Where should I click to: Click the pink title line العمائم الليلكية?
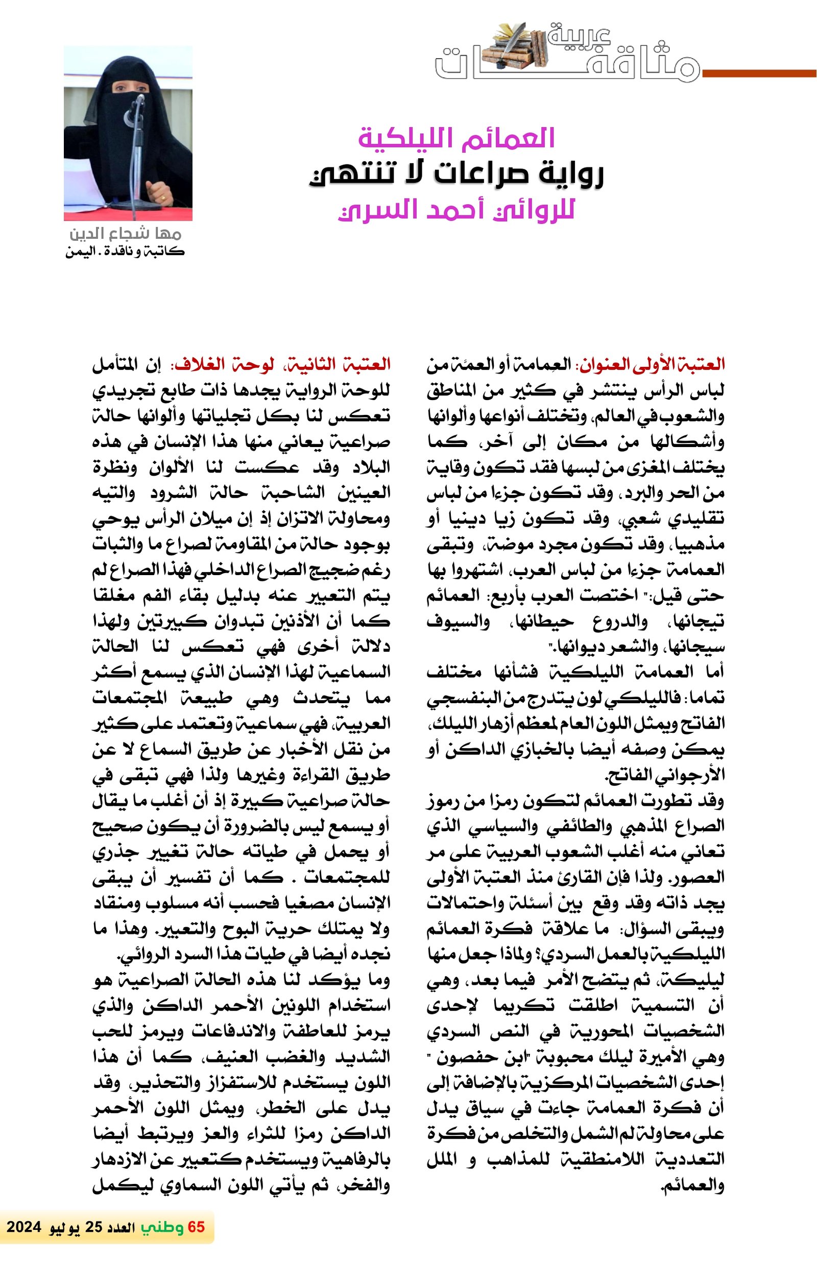click(456, 138)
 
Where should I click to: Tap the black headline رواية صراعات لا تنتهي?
click(456, 176)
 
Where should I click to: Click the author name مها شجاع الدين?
click(126, 234)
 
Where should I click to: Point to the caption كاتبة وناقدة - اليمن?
click(125, 251)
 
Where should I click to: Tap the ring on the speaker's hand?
click(162, 197)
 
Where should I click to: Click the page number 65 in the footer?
click(196, 1227)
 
